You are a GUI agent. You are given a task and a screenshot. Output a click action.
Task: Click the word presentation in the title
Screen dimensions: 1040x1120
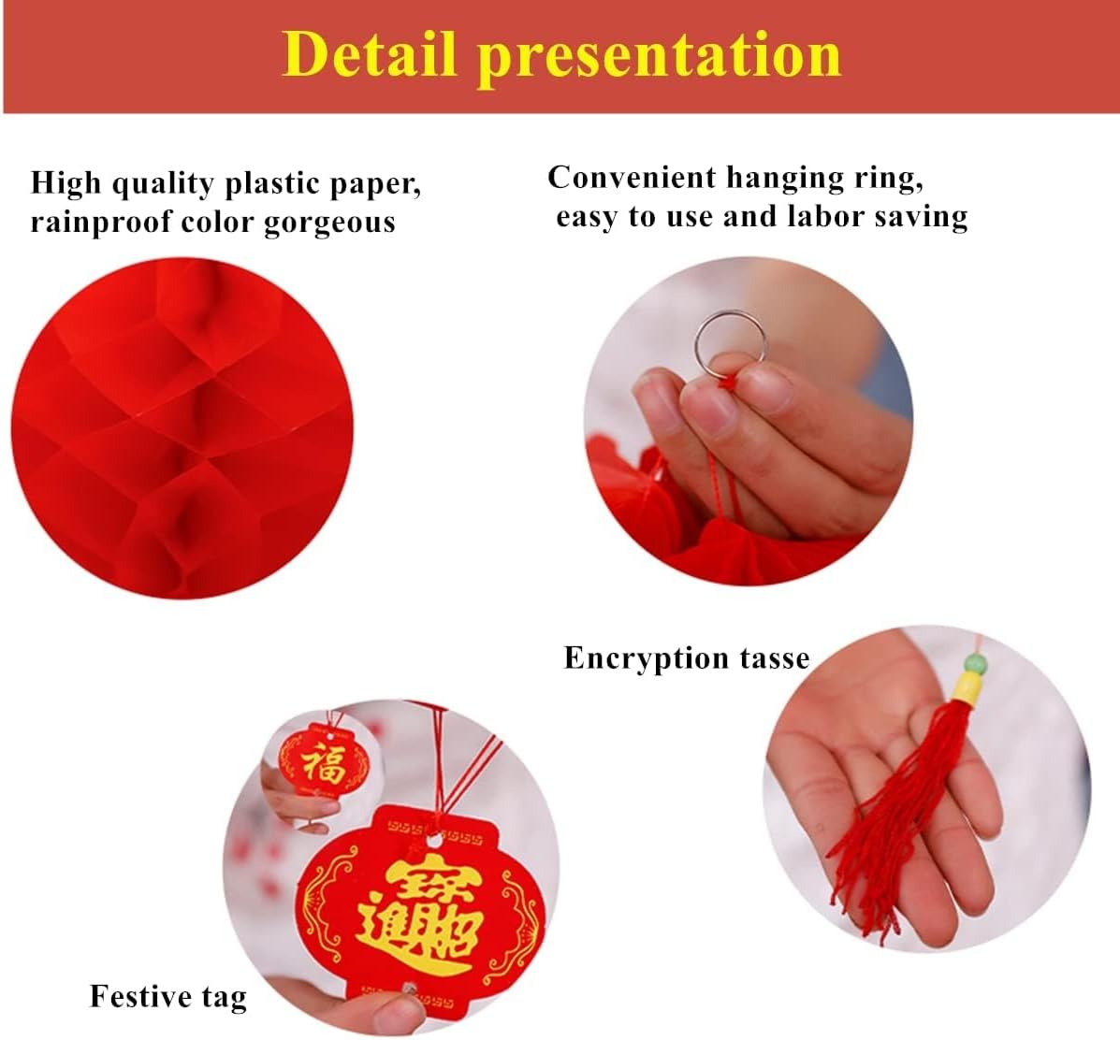[660, 56]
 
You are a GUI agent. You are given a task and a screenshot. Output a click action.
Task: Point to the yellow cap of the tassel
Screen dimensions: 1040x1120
[969, 692]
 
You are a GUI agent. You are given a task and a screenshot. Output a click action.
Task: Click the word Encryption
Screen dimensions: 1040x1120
[646, 657]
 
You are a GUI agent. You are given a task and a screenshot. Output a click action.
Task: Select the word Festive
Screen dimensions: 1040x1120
[129, 996]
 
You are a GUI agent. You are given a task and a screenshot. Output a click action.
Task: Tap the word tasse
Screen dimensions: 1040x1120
[774, 657]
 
